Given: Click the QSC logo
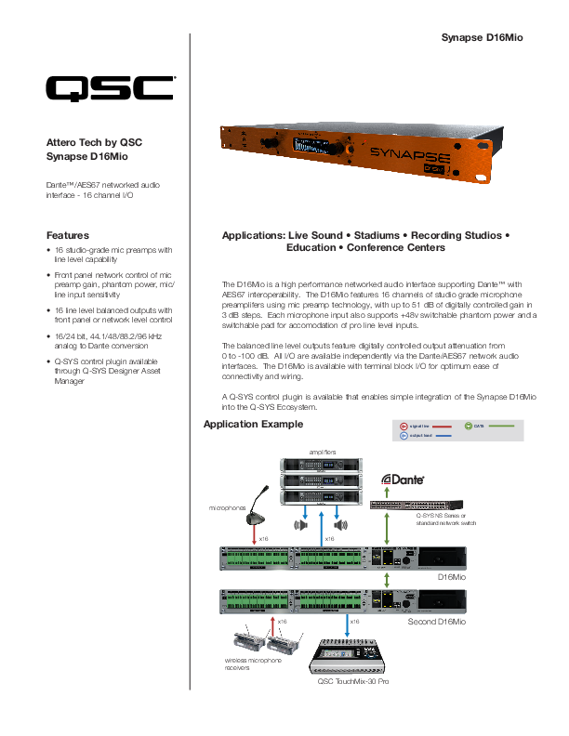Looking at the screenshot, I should click(111, 88).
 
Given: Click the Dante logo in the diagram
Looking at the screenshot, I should click(404, 480).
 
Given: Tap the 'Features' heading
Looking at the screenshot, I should click(68, 235).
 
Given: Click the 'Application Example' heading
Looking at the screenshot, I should click(252, 425).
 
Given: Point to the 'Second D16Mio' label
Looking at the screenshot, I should click(437, 620).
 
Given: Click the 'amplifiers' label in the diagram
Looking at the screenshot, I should click(324, 451).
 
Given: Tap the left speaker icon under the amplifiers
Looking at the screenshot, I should click(299, 525).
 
